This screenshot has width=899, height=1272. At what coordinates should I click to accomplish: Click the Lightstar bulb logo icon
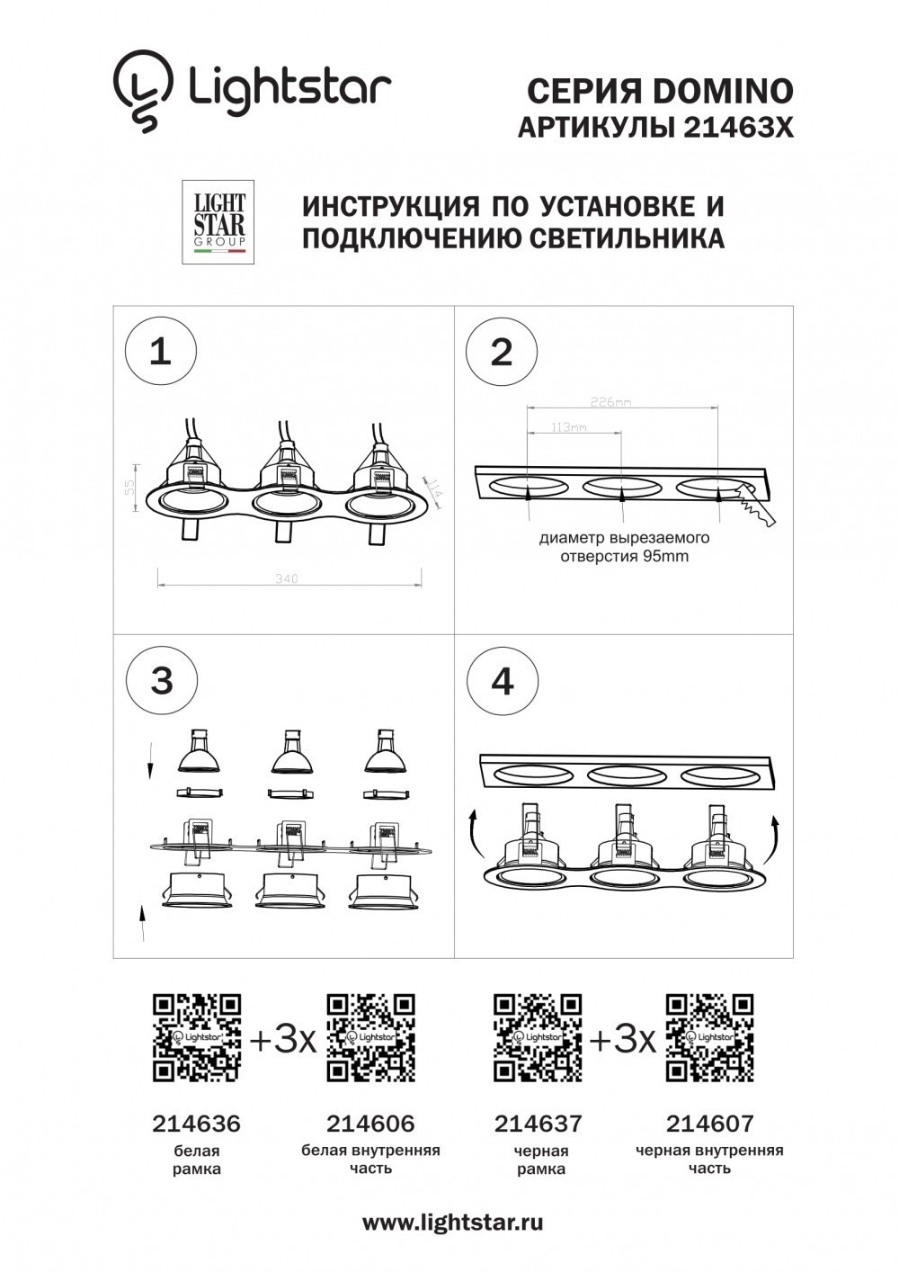[x=142, y=90]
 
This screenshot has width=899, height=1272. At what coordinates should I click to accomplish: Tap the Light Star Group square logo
[x=218, y=222]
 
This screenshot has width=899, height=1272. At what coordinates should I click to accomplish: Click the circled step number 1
[x=160, y=351]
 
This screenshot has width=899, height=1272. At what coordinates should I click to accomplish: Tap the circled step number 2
[x=502, y=351]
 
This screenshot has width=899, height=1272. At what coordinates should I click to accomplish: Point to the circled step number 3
[x=162, y=680]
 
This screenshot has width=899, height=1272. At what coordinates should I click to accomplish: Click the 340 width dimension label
[x=286, y=578]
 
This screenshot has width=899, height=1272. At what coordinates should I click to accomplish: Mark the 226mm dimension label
[x=611, y=402]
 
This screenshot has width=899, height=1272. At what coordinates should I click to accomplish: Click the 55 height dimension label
[x=129, y=487]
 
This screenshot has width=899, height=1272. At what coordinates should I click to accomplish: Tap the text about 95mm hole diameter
[x=625, y=547]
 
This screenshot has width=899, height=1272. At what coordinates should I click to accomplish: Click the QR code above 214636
[x=197, y=1037]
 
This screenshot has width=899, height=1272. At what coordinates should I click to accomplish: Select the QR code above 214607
[x=709, y=1037]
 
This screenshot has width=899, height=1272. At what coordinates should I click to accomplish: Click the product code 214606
[x=370, y=1124]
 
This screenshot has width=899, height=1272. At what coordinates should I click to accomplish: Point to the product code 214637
[x=539, y=1124]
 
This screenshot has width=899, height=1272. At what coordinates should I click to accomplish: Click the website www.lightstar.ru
[x=452, y=1223]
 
